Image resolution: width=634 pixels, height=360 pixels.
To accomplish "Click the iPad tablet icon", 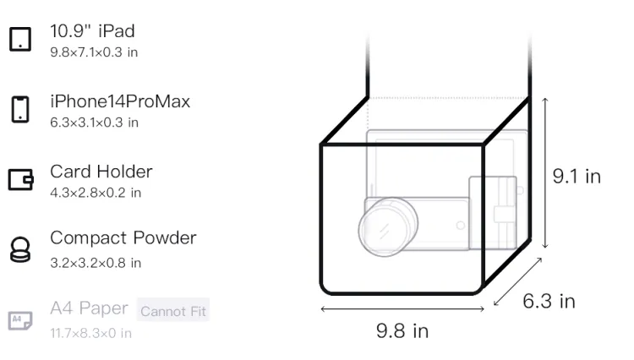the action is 20,39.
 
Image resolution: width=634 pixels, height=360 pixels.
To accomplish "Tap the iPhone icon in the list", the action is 20,109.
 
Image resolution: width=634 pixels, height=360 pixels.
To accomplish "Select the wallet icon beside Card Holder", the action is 20,179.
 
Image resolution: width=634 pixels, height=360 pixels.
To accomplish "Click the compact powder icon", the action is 20,249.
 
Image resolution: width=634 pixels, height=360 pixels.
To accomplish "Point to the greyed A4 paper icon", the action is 20,320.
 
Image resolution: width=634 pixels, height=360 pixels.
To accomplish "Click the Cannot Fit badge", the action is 173,311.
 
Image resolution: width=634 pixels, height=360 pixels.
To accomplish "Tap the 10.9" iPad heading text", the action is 92,31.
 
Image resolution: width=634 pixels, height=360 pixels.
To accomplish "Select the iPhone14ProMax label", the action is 120,101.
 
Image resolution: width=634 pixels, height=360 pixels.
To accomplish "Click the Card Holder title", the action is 101,172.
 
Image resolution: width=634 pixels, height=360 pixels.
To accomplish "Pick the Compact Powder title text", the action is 123,238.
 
